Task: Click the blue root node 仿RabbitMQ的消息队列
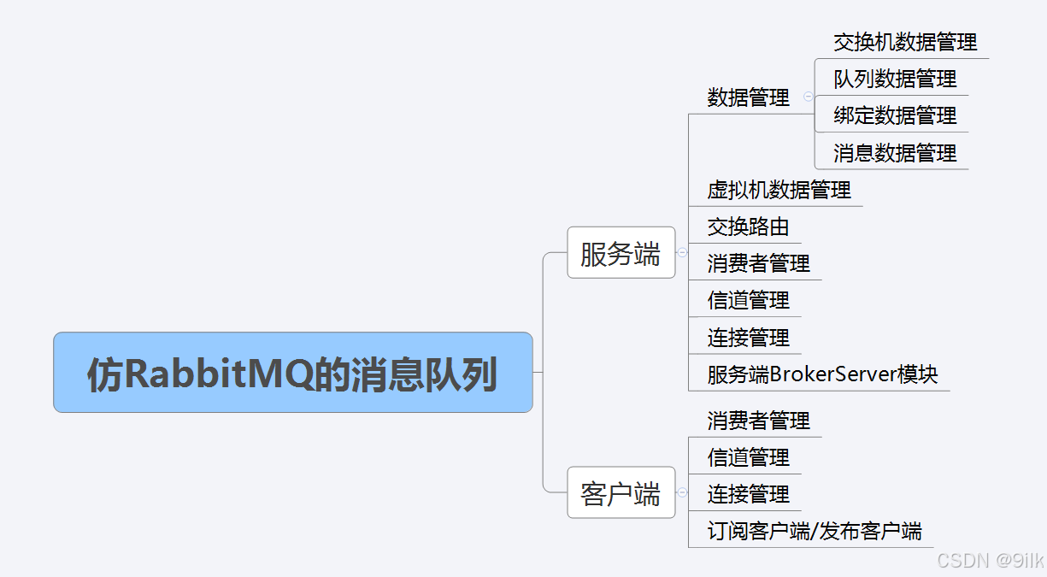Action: point(292,373)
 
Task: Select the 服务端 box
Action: point(621,253)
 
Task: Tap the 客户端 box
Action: point(621,492)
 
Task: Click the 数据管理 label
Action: point(748,97)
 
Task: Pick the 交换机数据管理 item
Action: point(905,42)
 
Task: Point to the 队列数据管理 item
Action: point(895,79)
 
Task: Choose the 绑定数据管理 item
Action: point(895,115)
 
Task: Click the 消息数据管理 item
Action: point(895,153)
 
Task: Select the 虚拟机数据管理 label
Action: point(779,189)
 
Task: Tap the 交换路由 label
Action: point(748,227)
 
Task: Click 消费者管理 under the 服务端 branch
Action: point(758,263)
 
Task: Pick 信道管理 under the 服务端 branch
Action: point(748,300)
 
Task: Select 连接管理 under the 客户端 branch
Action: point(748,494)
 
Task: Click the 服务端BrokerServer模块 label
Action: point(822,374)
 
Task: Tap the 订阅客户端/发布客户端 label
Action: point(814,531)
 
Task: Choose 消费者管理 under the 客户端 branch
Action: point(758,421)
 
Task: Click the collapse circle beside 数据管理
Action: point(808,97)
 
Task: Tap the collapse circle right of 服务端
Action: point(681,252)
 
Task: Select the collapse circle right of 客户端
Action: point(681,492)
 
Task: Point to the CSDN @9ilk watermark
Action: point(990,560)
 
